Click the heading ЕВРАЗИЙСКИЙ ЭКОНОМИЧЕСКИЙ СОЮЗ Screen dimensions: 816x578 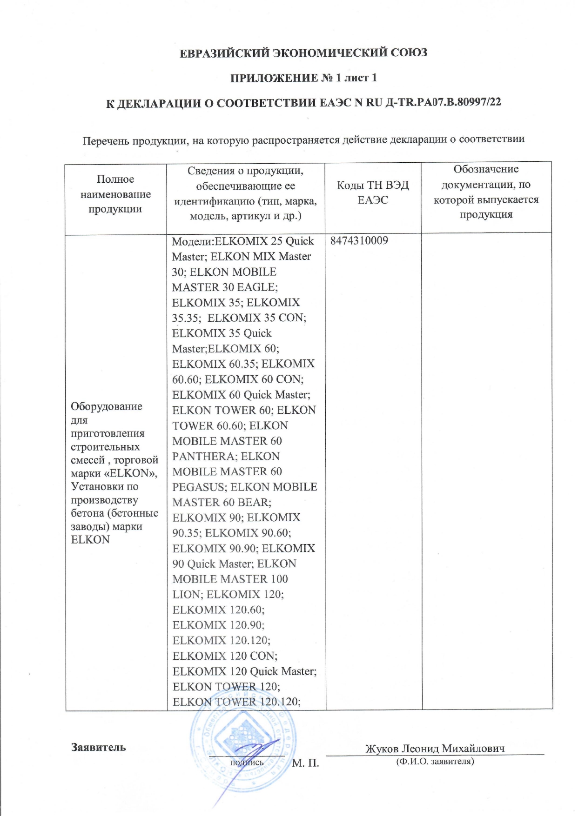click(303, 53)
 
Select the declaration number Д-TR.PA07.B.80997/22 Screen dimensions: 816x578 click(444, 102)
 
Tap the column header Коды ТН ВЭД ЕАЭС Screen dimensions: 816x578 click(373, 192)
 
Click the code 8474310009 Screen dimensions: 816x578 click(359, 241)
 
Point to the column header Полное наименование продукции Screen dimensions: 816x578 click(115, 194)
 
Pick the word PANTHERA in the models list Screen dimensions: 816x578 click(202, 457)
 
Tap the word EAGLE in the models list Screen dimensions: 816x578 click(257, 287)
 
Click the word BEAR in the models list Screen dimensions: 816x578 click(253, 503)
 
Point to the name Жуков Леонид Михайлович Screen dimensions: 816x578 click(435, 749)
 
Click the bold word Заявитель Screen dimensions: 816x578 click(98, 747)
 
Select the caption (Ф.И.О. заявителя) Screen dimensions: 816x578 click(435, 762)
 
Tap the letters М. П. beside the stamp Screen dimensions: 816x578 click(305, 763)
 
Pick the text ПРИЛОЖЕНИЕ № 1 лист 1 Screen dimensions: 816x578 click(303, 78)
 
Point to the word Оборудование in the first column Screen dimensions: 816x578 click(107, 406)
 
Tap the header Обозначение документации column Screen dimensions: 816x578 click(486, 192)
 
